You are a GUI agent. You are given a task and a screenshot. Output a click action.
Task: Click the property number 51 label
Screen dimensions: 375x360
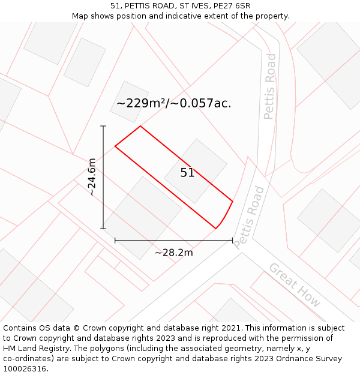coord(187,173)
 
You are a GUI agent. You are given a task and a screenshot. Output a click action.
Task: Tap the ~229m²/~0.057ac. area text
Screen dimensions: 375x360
coord(173,103)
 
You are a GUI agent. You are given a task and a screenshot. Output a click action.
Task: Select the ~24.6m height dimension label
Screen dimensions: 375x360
coord(92,177)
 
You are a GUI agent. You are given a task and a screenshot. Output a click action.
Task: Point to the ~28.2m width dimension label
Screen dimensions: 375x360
coord(173,253)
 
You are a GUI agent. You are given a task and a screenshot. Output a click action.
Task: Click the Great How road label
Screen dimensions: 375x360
coord(295,285)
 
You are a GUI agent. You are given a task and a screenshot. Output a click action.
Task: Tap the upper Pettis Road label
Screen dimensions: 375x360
coord(270,86)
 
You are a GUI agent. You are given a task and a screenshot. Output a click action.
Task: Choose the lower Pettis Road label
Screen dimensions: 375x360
coord(249,217)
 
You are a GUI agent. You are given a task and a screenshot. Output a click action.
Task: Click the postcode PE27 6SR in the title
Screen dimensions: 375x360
coord(230,6)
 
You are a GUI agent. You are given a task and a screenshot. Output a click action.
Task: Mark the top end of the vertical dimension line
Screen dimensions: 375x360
coord(103,126)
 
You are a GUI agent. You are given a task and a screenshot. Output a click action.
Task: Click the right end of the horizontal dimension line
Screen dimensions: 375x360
coord(232,241)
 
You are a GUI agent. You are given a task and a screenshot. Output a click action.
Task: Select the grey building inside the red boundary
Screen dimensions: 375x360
coord(196,171)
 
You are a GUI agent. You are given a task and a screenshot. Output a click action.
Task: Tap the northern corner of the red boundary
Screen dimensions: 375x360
coord(140,126)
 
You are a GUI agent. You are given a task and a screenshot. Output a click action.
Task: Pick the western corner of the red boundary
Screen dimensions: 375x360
coord(115,146)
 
